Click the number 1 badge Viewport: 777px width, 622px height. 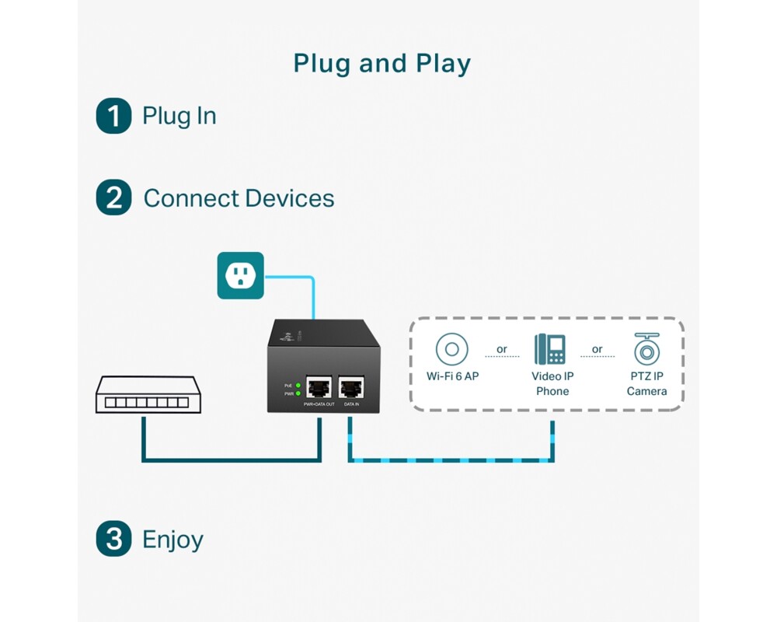click(113, 116)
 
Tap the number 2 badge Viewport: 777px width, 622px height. click(113, 197)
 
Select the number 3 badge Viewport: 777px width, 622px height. click(113, 540)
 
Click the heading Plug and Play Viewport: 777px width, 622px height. click(382, 64)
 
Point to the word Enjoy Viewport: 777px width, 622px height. click(172, 540)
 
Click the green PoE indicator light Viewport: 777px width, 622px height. click(298, 386)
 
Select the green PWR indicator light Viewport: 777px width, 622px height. click(298, 394)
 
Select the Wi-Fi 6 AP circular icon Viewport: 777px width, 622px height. click(451, 349)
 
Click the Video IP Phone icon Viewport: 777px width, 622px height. click(551, 350)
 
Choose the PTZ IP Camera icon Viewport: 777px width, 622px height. click(646, 349)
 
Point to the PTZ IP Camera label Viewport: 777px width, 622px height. click(646, 383)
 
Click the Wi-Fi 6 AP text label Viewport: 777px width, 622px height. click(452, 376)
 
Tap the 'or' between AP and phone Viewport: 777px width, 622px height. click(502, 349)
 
